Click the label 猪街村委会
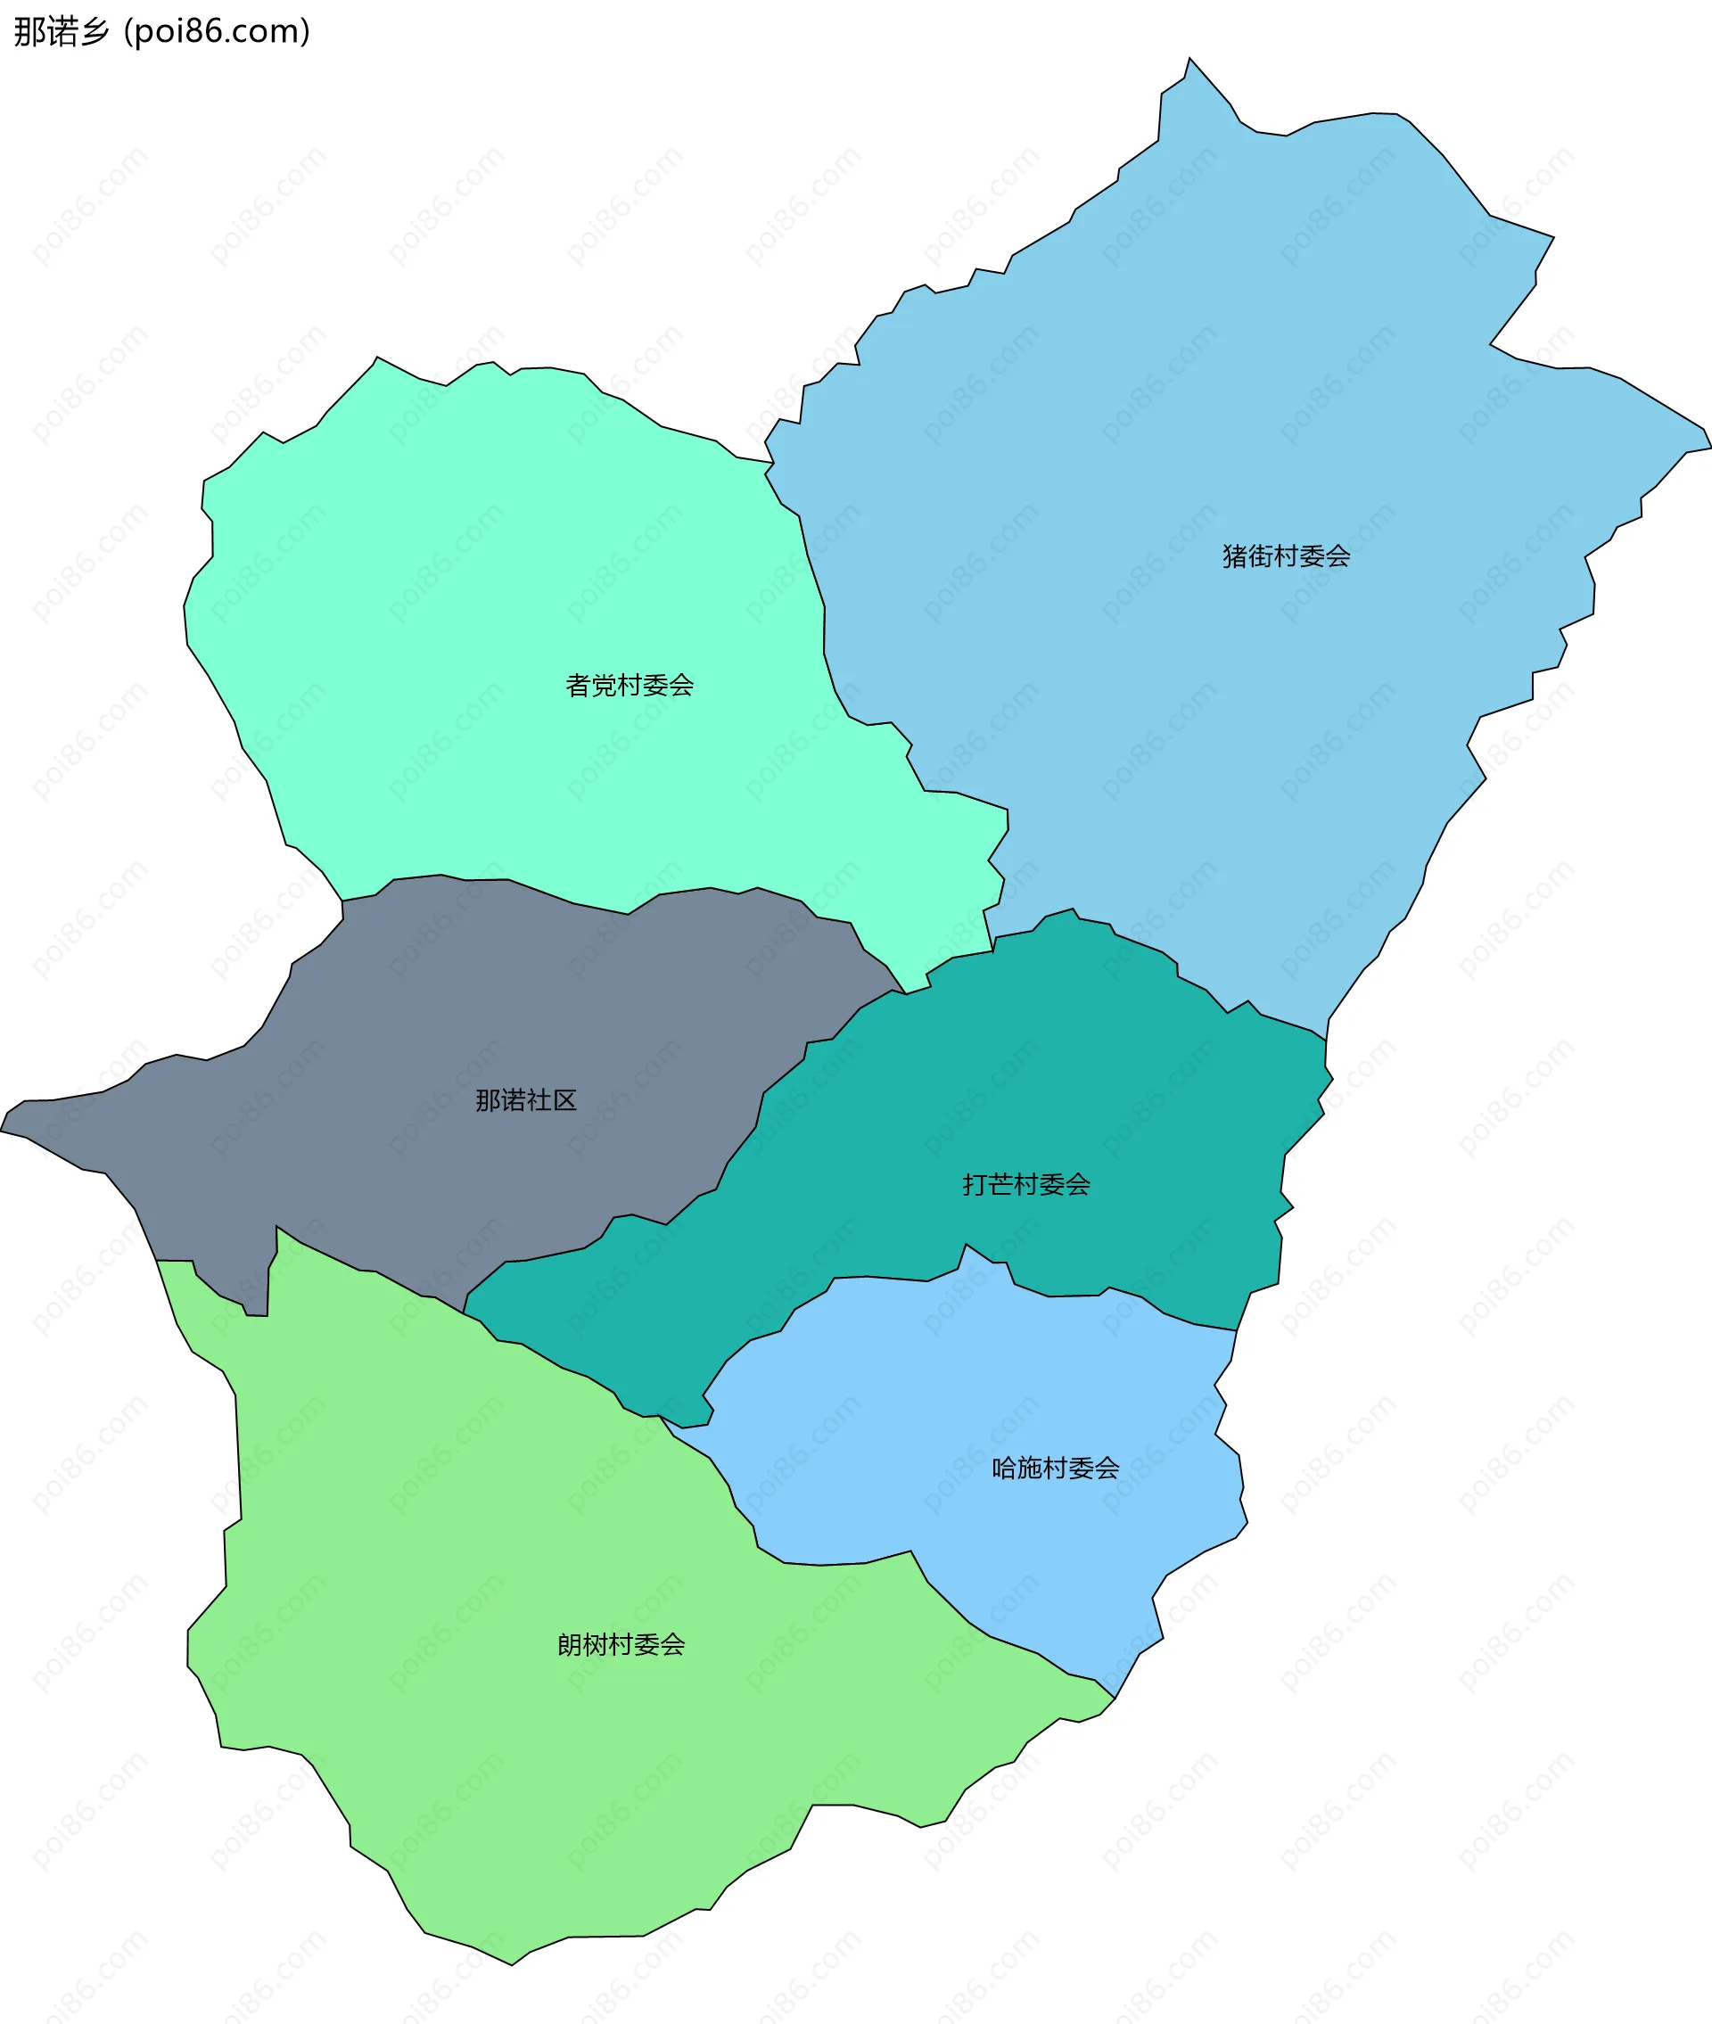tap(1286, 556)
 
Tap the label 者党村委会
tap(629, 685)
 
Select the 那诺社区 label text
tap(526, 1099)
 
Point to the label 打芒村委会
tap(1025, 1184)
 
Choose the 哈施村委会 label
tap(1055, 1468)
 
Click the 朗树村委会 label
tap(621, 1645)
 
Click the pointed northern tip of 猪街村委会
tap(1189, 59)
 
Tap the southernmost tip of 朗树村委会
tap(513, 1965)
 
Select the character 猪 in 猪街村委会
tap(1234, 556)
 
